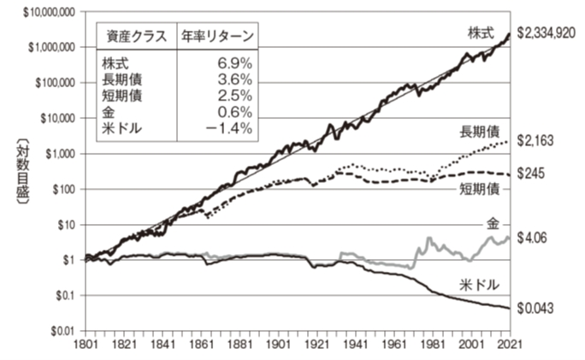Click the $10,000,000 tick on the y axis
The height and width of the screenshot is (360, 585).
pos(43,12)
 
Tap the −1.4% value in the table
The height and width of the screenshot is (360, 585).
pos(228,128)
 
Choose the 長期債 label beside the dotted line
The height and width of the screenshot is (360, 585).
pos(480,132)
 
